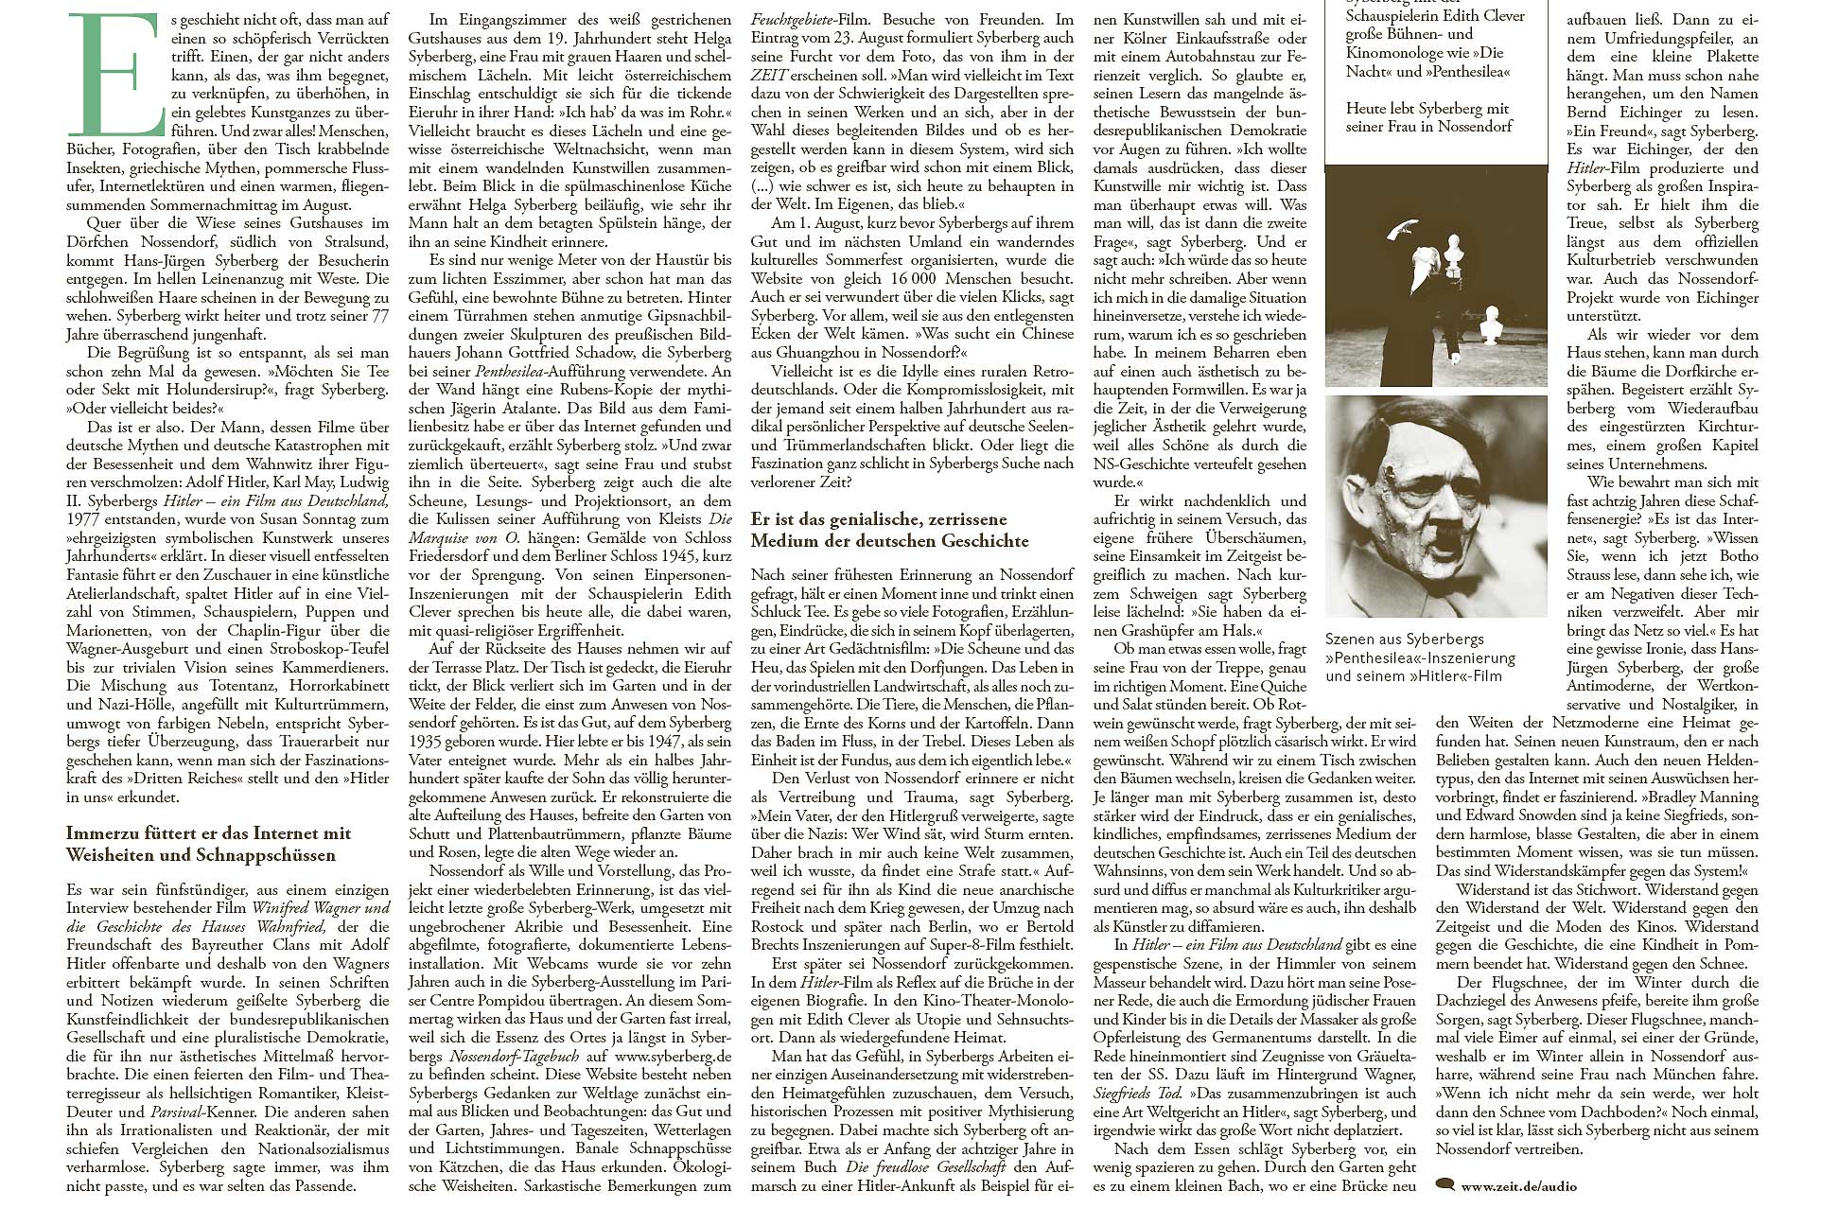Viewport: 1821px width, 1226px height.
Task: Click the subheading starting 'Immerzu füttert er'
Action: point(208,844)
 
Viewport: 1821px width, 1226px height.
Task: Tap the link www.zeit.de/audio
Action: point(1518,1185)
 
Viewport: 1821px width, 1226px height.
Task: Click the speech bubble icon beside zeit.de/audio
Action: point(1445,1183)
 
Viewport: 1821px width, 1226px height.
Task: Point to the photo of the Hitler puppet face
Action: point(1435,506)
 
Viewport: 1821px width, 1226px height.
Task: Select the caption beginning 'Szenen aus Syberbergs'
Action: point(1420,657)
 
